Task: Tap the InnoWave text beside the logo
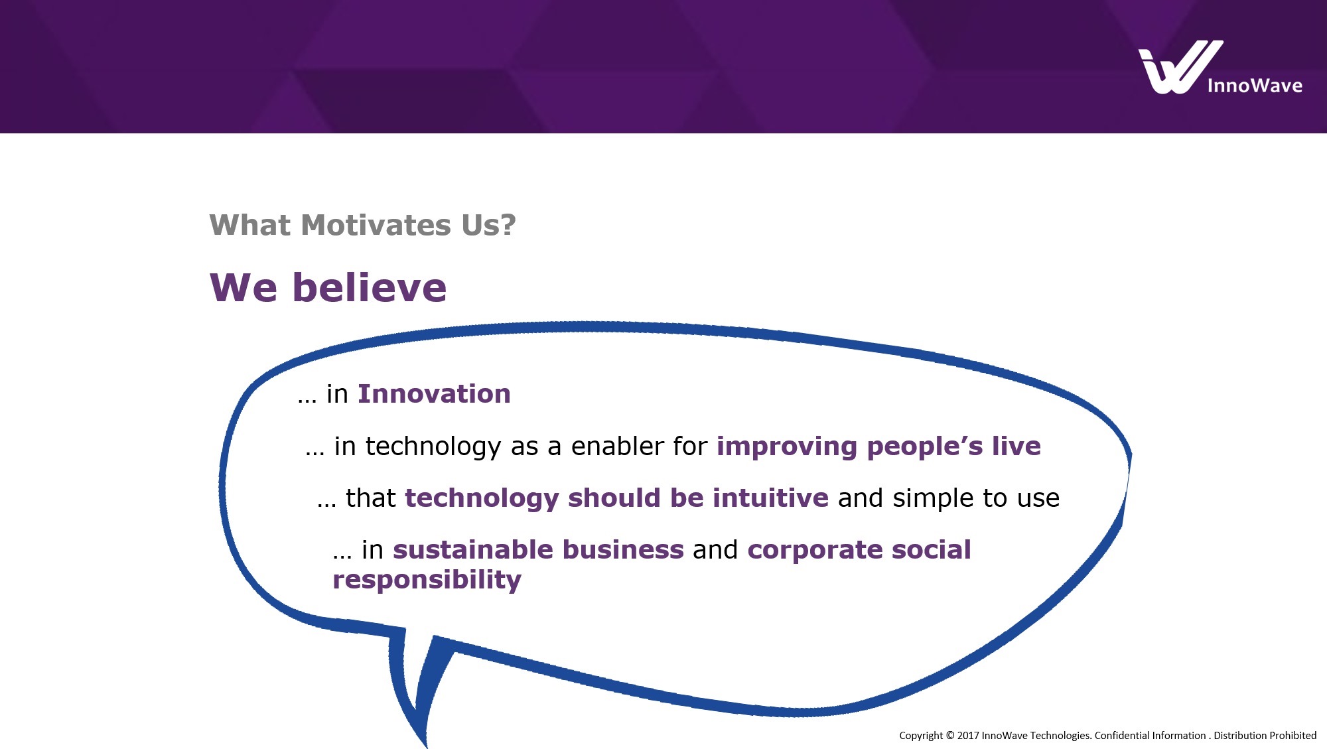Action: [x=1254, y=86]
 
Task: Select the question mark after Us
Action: [x=508, y=226]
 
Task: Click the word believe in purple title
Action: [x=370, y=288]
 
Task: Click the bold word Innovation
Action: [x=434, y=394]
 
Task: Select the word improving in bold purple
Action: [x=787, y=447]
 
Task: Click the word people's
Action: [x=925, y=446]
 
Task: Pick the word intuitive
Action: [x=770, y=498]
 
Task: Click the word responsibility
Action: [x=427, y=580]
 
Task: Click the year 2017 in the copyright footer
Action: [x=968, y=735]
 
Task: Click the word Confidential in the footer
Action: [x=1121, y=735]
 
